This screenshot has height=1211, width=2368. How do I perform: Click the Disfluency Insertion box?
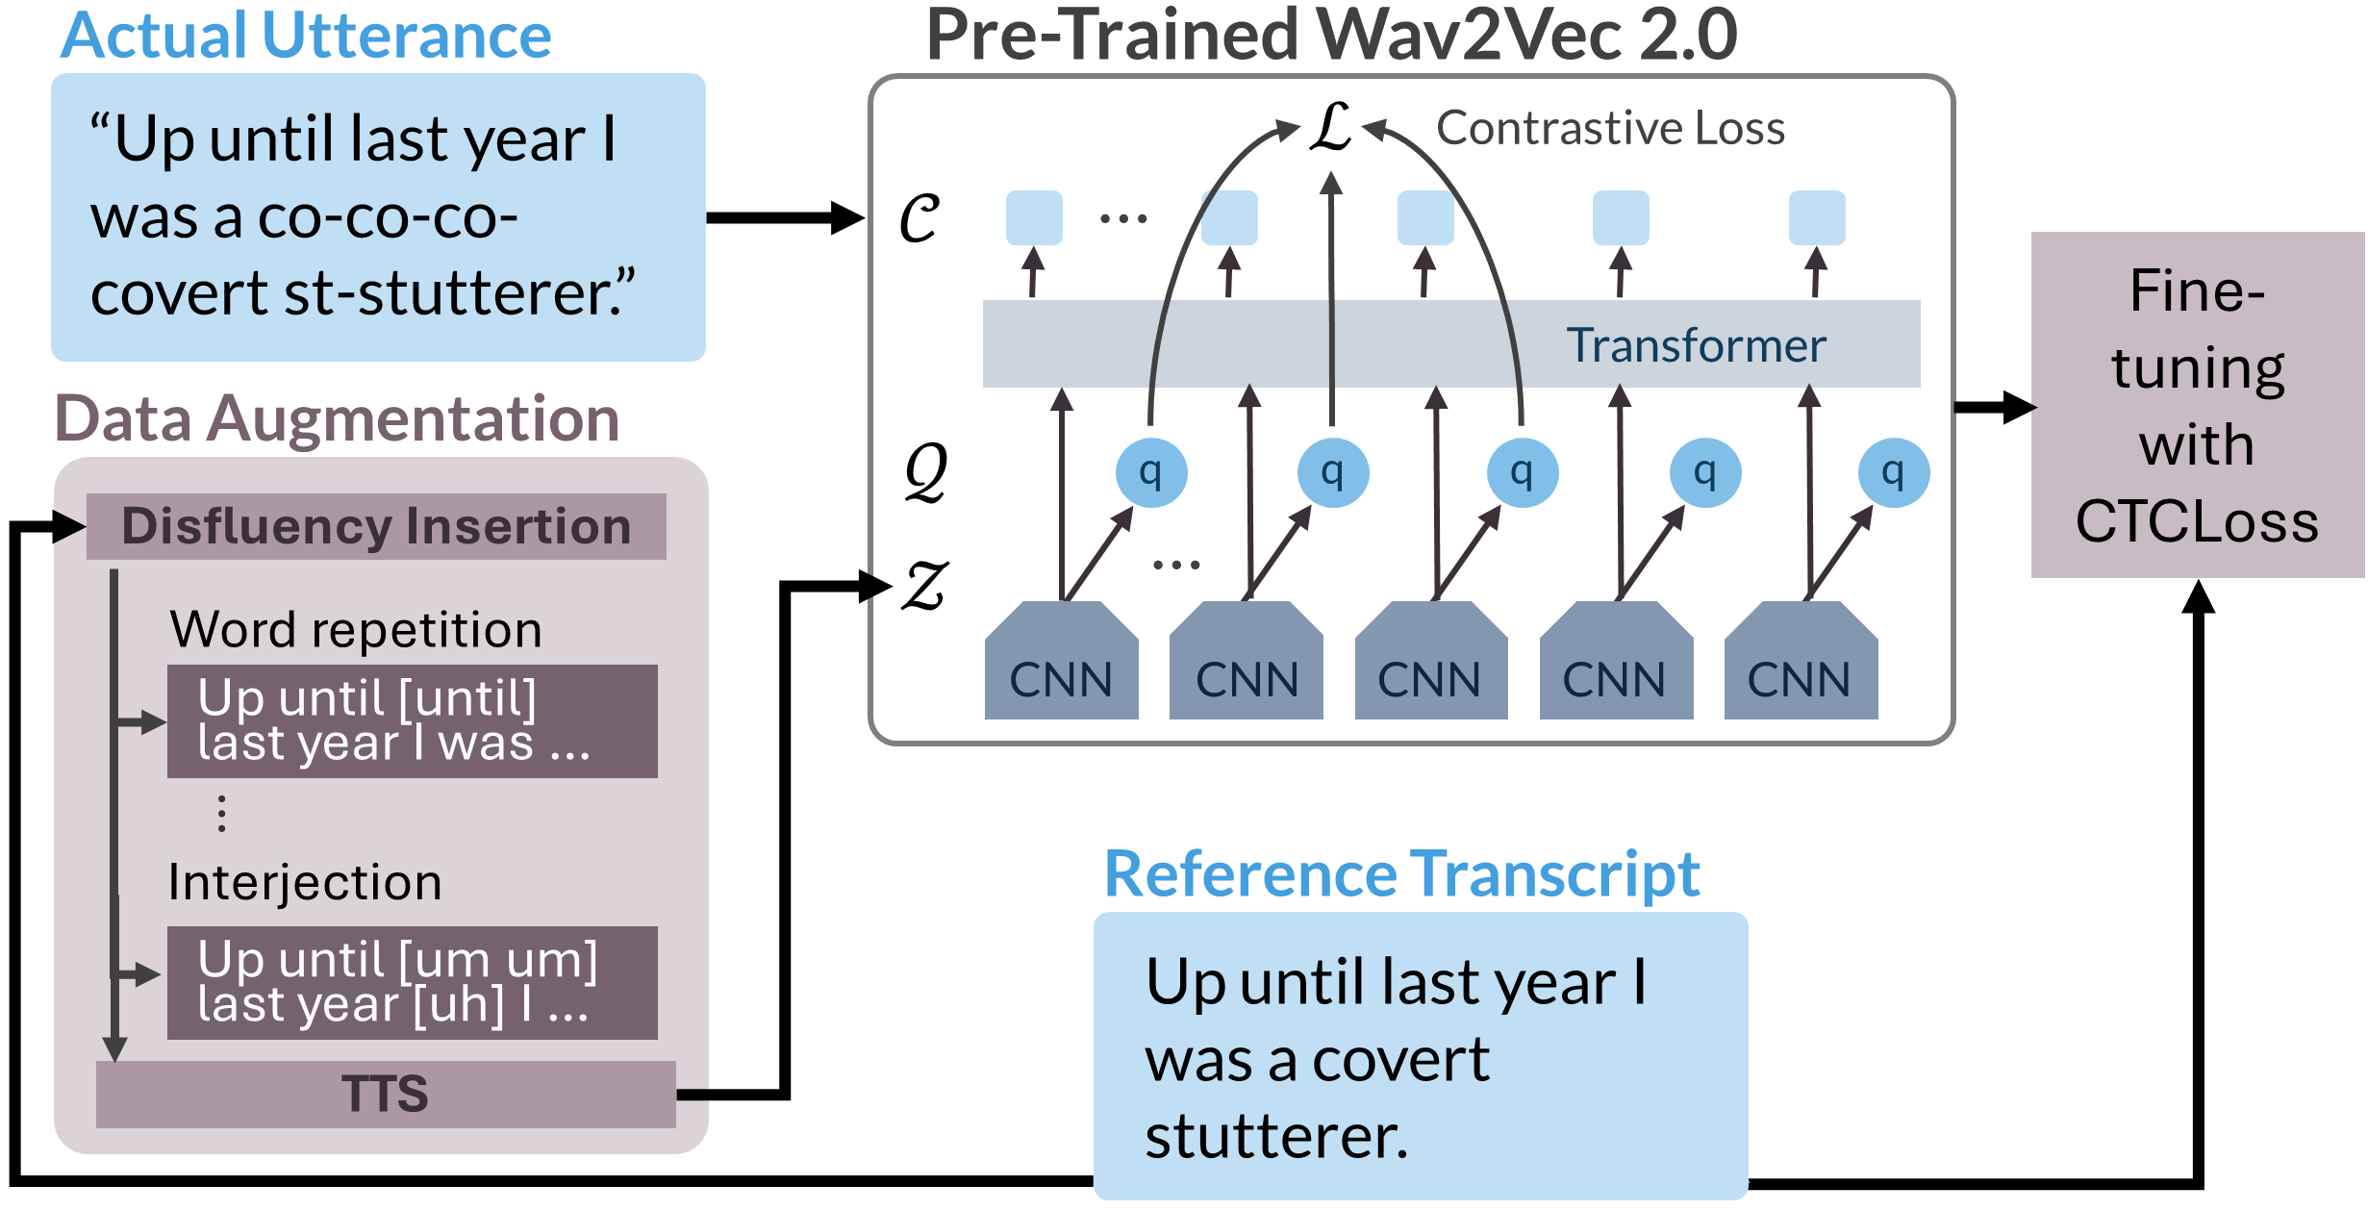click(x=376, y=526)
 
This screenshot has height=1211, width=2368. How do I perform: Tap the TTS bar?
click(x=386, y=1094)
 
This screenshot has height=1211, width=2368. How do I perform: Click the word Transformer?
click(x=1696, y=345)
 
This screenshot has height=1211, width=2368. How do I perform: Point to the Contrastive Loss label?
click(x=1610, y=128)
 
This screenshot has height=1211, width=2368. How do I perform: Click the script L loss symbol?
click(x=1332, y=128)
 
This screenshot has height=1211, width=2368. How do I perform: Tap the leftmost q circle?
click(x=1150, y=472)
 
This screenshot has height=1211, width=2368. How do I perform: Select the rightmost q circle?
click(x=1893, y=472)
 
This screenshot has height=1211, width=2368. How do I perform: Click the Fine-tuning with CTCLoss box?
click(x=2197, y=405)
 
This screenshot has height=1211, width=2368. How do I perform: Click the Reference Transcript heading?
click(x=1401, y=873)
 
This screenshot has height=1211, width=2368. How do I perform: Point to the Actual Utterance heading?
click(x=306, y=37)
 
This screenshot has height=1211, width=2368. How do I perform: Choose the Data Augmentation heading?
click(x=337, y=419)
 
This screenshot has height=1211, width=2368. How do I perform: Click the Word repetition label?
click(x=356, y=630)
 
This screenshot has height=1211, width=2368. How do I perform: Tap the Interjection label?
click(x=305, y=882)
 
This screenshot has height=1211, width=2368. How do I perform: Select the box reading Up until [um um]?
click(x=412, y=982)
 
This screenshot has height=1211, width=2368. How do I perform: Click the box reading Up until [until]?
click(x=412, y=720)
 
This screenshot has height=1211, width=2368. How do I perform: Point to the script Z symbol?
click(x=924, y=586)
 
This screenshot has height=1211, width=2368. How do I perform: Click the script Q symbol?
click(x=925, y=472)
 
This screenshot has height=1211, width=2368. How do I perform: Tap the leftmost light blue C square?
click(x=1034, y=217)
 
